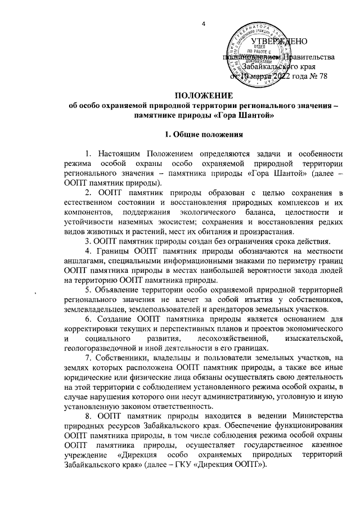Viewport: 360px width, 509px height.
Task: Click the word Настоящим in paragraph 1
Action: pyautogui.click(x=120, y=154)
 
